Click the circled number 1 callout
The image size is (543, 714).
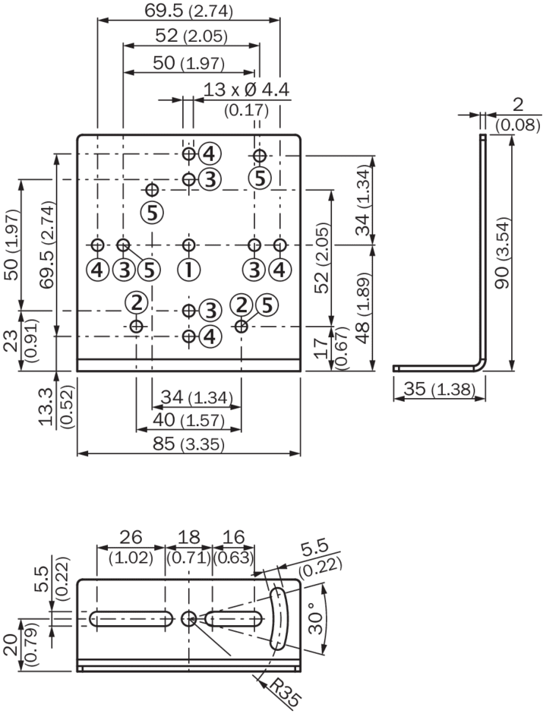(x=188, y=270)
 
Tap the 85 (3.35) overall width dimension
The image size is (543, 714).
(x=188, y=444)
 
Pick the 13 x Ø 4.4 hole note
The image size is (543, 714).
(x=246, y=90)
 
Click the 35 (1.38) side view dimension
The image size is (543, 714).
(x=439, y=389)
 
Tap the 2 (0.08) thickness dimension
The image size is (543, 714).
(x=518, y=114)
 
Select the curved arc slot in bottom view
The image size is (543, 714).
(x=279, y=618)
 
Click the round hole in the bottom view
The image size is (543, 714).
(x=188, y=618)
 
